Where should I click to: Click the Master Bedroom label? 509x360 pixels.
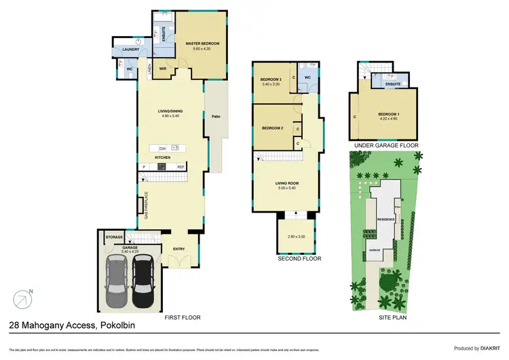coord(202,44)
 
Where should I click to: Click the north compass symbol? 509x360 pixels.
coord(22,298)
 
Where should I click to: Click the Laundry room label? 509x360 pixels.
coord(130,50)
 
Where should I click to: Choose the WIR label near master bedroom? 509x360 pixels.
coord(164,68)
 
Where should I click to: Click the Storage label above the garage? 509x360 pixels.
coord(114,237)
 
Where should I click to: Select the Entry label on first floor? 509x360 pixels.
coord(179,249)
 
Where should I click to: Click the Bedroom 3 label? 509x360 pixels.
coord(271,80)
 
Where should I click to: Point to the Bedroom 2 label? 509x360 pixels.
coord(272,128)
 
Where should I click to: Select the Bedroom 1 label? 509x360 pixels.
coord(388,114)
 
